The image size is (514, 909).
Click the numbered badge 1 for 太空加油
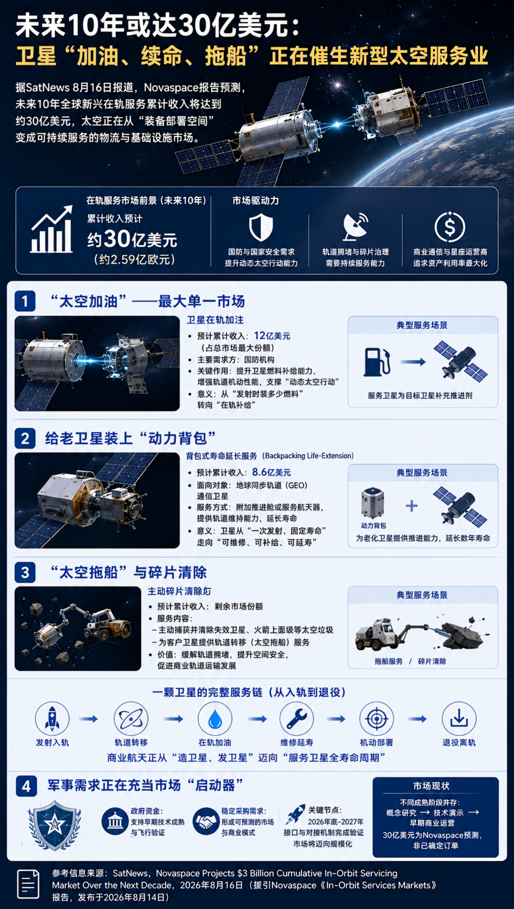pyautogui.click(x=25, y=301)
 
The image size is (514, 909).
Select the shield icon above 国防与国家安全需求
pyautogui.click(x=261, y=228)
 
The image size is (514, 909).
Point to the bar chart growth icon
pyautogui.click(x=51, y=229)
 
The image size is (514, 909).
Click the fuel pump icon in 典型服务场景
pyautogui.click(x=377, y=362)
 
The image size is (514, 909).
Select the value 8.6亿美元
pyautogui.click(x=271, y=472)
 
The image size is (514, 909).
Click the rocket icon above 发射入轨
pyautogui.click(x=52, y=719)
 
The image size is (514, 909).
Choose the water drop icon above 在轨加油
pyautogui.click(x=215, y=719)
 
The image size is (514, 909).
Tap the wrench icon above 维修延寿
pyautogui.click(x=297, y=719)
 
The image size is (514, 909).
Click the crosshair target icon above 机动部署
pyautogui.click(x=377, y=719)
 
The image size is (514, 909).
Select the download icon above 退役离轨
pyautogui.click(x=459, y=719)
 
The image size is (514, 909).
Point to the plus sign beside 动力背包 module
pyautogui.click(x=412, y=506)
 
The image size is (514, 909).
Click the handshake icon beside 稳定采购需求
pyautogui.click(x=205, y=821)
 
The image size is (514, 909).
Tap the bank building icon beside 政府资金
pyautogui.click(x=115, y=821)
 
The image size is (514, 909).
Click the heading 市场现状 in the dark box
pyautogui.click(x=431, y=786)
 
